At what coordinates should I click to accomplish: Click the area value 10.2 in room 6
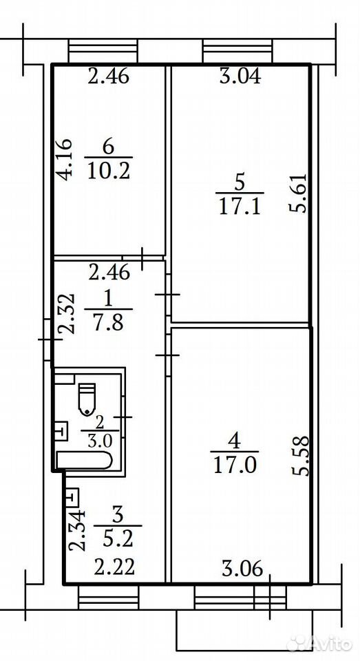click(x=109, y=172)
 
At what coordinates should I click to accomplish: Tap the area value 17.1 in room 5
click(x=240, y=207)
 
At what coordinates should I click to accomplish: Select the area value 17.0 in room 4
click(x=235, y=466)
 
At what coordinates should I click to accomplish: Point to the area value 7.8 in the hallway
click(x=109, y=324)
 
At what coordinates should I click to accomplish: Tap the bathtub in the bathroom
click(x=84, y=461)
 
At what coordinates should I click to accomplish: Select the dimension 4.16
click(x=65, y=160)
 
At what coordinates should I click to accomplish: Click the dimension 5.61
click(x=299, y=193)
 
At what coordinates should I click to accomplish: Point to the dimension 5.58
click(x=301, y=456)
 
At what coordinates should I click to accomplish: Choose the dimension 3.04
click(x=241, y=76)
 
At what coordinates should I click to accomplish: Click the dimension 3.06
click(x=242, y=569)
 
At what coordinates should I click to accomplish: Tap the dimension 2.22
click(x=114, y=567)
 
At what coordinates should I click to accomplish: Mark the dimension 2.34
click(x=77, y=530)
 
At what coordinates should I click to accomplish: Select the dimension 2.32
click(x=66, y=314)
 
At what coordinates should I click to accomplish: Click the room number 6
click(x=108, y=147)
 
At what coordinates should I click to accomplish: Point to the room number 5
click(x=240, y=183)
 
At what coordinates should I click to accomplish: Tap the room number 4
click(x=235, y=442)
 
